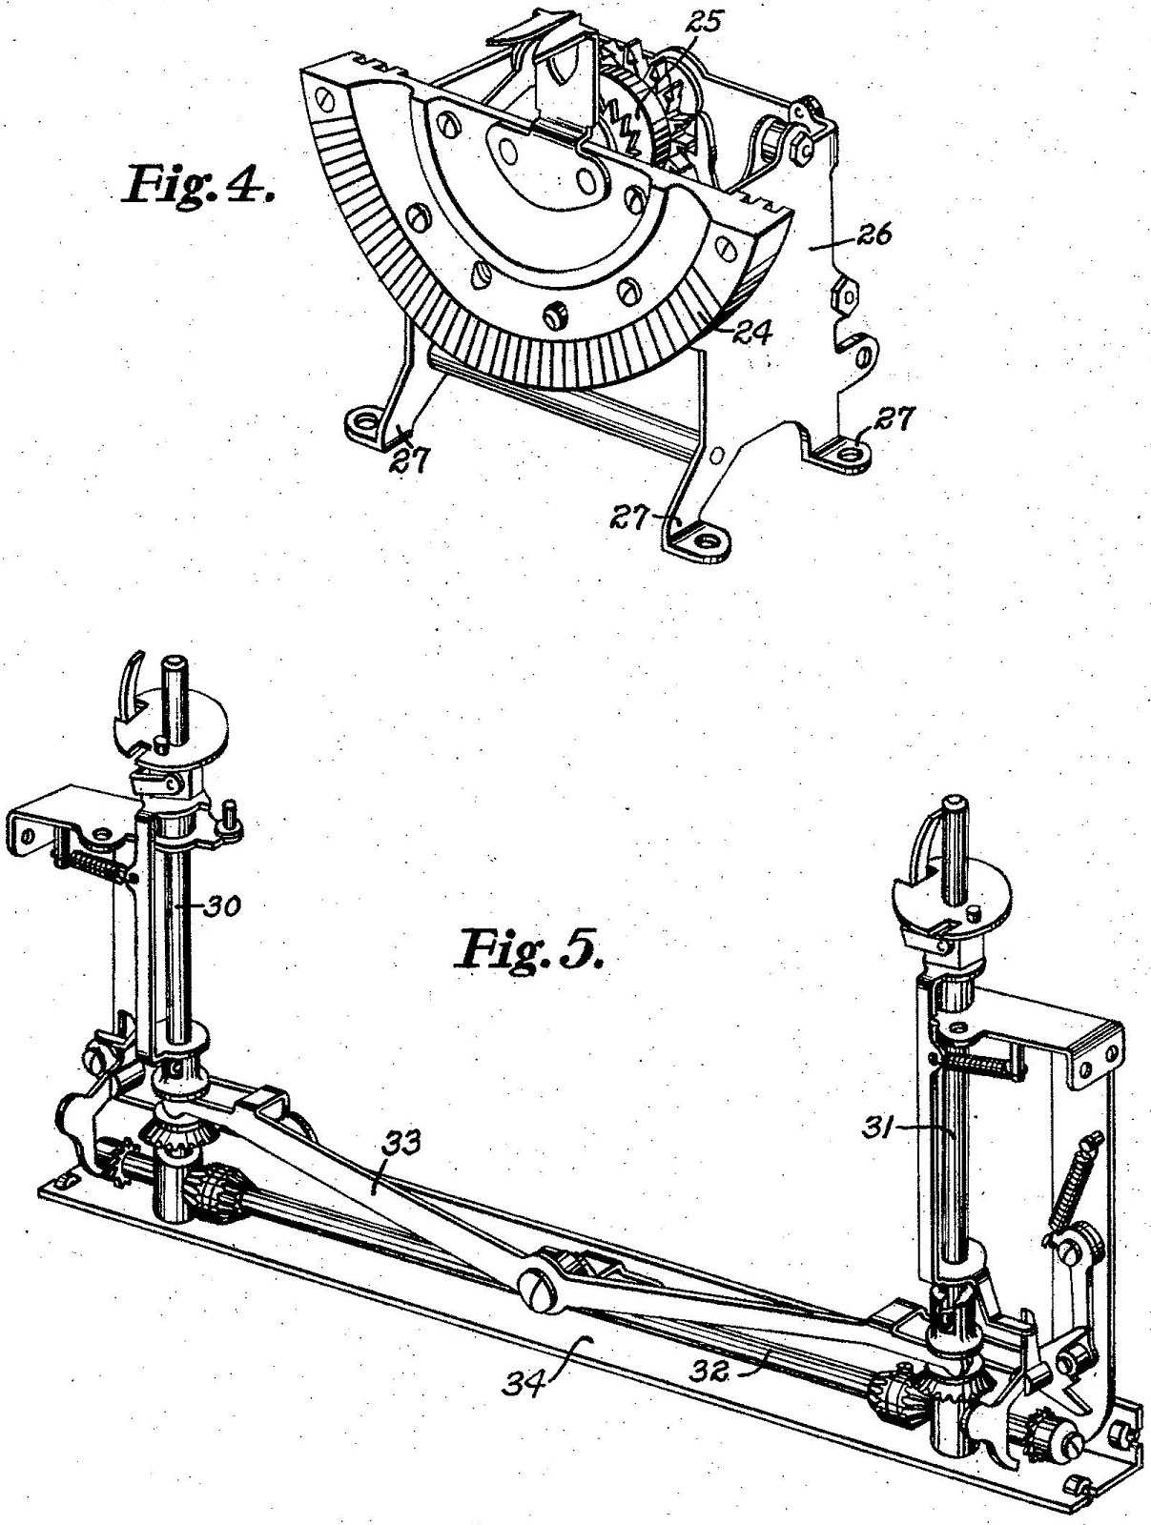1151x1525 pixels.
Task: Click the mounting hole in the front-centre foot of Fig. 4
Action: coord(707,540)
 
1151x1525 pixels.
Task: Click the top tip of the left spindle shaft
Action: coord(175,661)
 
